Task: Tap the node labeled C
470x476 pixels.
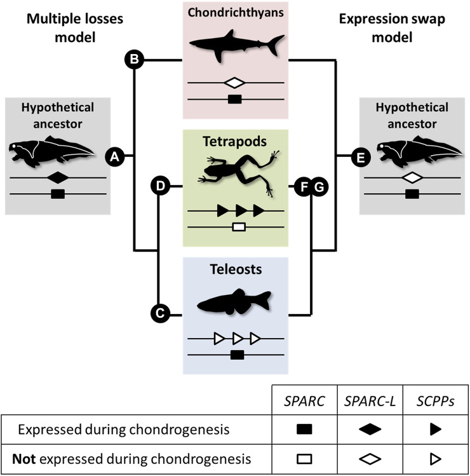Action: point(159,313)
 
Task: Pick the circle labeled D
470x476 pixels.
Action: point(160,186)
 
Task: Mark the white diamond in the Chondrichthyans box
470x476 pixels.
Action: point(235,83)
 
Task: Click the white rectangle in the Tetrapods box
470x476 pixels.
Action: point(239,226)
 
